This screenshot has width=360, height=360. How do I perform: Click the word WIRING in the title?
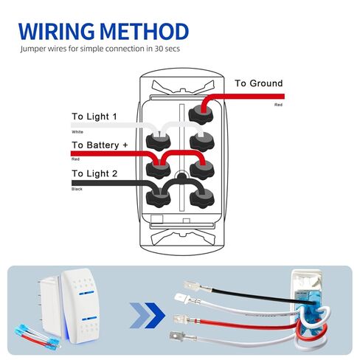56,31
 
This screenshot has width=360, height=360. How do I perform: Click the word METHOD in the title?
145,31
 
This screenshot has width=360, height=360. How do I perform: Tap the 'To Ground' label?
259,83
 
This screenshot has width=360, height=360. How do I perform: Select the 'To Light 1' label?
94,117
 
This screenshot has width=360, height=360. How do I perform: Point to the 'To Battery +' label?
100,145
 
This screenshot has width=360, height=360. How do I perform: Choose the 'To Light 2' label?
94,173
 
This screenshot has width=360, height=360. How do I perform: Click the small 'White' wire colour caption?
77,132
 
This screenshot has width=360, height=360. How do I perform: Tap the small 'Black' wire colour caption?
77,189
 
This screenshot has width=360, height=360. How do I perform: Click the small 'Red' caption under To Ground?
278,105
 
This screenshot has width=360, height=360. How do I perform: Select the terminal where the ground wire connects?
201,114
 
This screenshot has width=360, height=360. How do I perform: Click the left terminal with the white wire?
158,142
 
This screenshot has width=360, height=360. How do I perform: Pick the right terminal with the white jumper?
202,142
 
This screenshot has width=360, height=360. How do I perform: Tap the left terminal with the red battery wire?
158,170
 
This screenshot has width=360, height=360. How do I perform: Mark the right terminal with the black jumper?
202,198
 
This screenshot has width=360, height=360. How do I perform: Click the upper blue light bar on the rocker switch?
86,293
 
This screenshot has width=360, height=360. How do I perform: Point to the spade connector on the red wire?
187,319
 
